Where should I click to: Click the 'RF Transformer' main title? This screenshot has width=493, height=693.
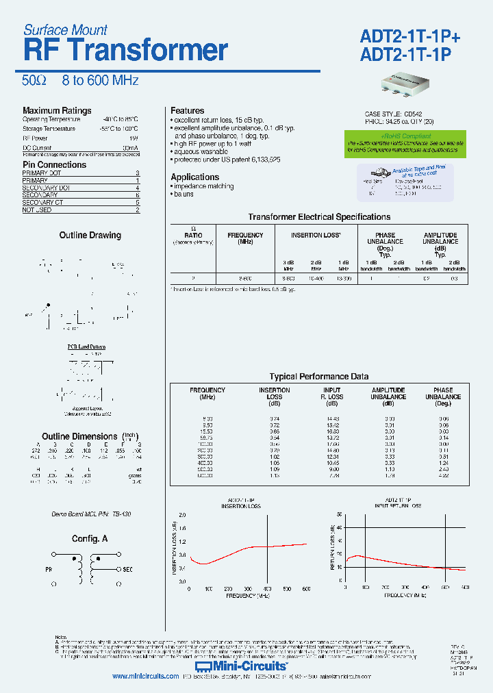(125, 51)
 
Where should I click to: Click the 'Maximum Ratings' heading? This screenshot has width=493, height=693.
(57, 111)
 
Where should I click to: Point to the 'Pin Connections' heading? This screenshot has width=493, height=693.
(55, 165)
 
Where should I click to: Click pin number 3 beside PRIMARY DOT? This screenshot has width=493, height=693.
(138, 174)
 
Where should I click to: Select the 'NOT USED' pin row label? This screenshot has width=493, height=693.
(37, 210)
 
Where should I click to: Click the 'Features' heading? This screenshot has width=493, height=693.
(187, 111)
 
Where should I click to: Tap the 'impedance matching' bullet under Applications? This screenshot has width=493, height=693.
(203, 186)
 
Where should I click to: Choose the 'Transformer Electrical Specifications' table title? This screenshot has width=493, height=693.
(319, 217)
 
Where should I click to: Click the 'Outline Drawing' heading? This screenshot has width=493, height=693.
(90, 236)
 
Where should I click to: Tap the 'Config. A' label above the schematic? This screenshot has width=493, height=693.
(90, 539)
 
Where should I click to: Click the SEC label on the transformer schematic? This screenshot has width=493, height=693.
(128, 569)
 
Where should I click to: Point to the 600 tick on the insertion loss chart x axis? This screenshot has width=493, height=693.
(306, 589)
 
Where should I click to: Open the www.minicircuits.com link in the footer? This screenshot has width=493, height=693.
(145, 677)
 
